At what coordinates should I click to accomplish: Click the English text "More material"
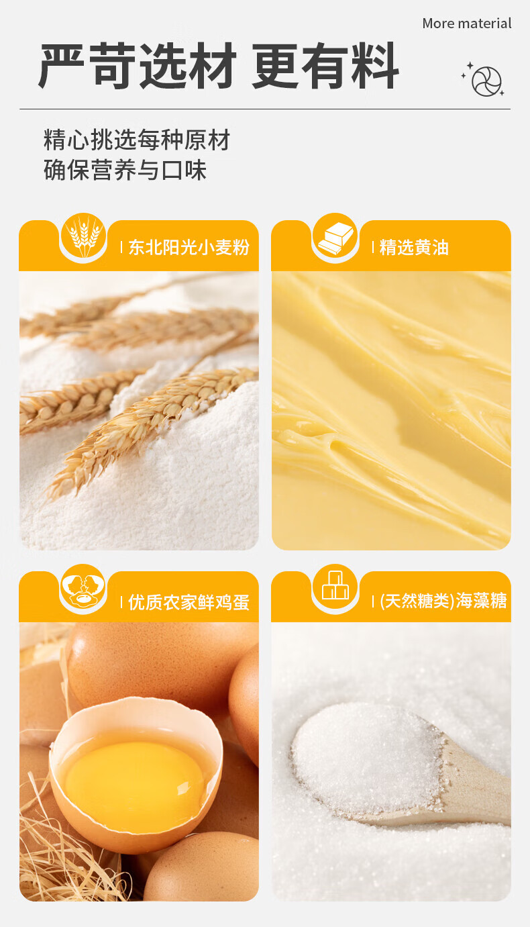(467, 23)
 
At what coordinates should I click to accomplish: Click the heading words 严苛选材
(138, 65)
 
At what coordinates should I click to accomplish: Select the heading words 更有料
(325, 65)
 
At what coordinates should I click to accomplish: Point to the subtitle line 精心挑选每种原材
(137, 140)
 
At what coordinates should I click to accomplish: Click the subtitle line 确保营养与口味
(125, 170)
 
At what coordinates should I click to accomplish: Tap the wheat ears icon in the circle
(84, 236)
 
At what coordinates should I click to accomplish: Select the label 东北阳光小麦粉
(189, 248)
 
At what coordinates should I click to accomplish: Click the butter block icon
(335, 236)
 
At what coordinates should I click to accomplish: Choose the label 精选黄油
(414, 248)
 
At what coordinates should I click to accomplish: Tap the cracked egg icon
(84, 587)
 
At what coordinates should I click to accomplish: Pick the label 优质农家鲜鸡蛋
(189, 602)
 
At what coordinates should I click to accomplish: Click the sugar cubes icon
(335, 587)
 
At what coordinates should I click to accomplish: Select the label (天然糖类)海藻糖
(443, 601)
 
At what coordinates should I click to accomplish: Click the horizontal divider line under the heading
(265, 109)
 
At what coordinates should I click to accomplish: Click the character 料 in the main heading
(375, 65)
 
